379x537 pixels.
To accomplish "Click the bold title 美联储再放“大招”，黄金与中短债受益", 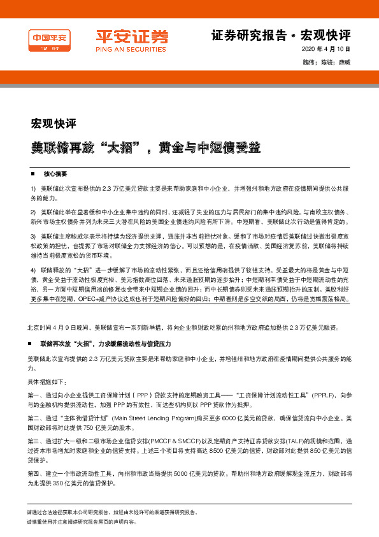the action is (x=147, y=147).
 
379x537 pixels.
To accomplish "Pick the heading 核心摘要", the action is (x=55, y=173).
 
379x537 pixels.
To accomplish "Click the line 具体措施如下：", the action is (x=46, y=381).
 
